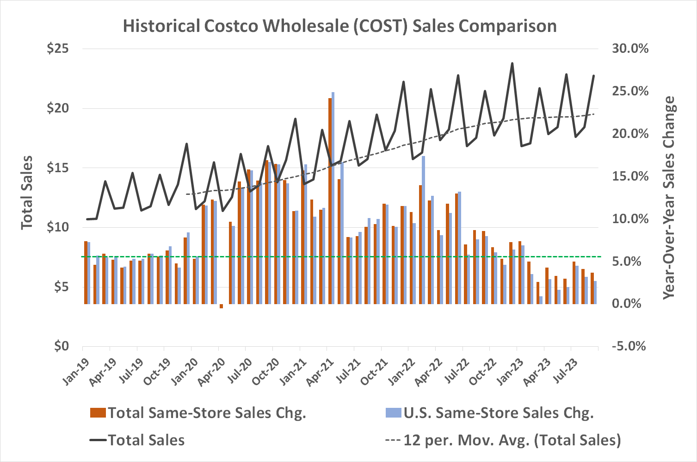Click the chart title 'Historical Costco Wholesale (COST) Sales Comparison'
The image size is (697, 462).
[339, 26]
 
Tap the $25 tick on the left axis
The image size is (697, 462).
[58, 49]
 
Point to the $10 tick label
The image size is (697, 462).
[58, 227]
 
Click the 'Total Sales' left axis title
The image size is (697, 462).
[27, 192]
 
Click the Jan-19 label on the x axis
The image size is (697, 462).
[75, 370]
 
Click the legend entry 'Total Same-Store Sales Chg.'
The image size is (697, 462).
[206, 412]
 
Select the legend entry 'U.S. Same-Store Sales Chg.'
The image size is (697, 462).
[498, 412]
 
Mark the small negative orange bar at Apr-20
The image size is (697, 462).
[222, 306]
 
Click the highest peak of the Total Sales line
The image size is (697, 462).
[512, 63]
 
